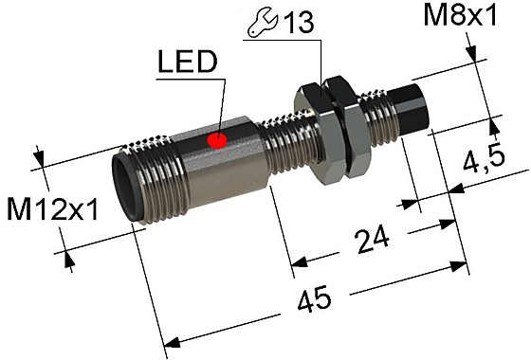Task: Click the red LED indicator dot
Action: [217, 142]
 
